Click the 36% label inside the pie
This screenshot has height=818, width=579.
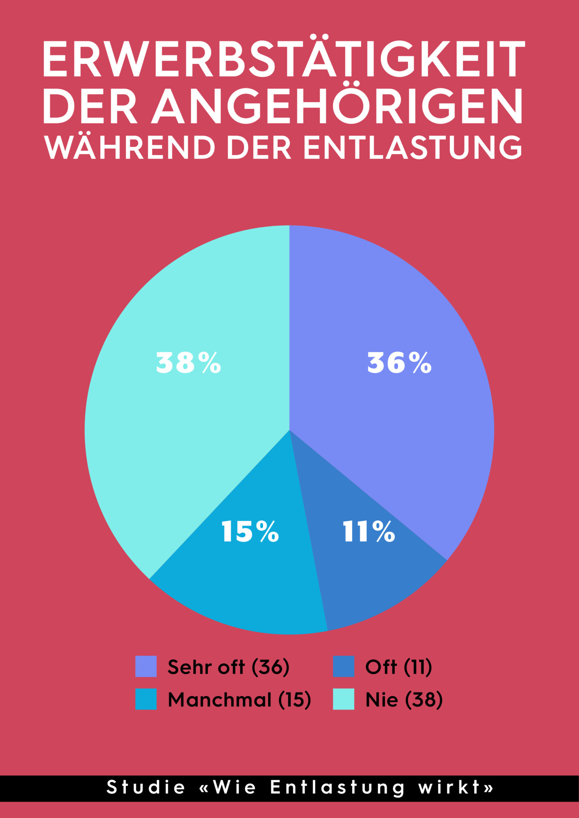pos(399,363)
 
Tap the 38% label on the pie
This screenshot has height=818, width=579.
pos(188,363)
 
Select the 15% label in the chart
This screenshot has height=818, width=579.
pos(250,532)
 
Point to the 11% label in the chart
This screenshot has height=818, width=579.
pos(369,532)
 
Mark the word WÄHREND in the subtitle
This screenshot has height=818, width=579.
pos(130,148)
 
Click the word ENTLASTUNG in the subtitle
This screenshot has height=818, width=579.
pos(413,148)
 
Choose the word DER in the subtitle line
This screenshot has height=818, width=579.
pos(259,148)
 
